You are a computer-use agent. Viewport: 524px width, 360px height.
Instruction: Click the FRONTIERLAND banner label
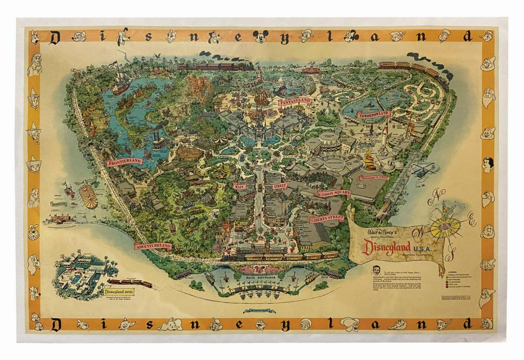[124, 162]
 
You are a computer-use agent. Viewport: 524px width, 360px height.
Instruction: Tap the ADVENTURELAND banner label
[152, 246]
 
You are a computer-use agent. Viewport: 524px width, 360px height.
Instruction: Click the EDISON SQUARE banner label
[334, 193]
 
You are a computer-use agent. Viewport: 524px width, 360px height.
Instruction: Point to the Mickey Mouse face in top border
[260, 36]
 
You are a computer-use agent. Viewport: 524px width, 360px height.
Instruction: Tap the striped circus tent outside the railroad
[89, 196]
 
